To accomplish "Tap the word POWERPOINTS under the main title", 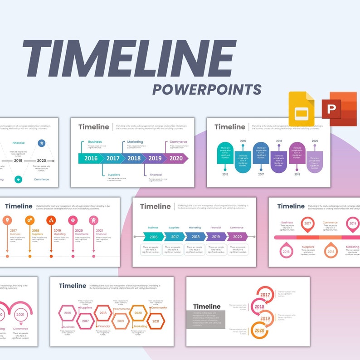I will (207, 89).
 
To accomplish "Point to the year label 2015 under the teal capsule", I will (225, 174).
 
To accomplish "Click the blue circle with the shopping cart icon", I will (42, 143).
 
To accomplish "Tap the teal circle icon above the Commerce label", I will (18, 179).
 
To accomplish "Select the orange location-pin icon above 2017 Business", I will (7, 220).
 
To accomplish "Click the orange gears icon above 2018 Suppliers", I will (29, 220).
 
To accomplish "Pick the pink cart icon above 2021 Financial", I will (94, 220).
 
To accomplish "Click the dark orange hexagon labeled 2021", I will (156, 321).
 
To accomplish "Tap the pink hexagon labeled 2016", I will (68, 313).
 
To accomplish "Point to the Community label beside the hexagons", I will (159, 308).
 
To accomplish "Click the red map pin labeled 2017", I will (308, 224).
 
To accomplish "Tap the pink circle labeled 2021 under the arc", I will (20, 314).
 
